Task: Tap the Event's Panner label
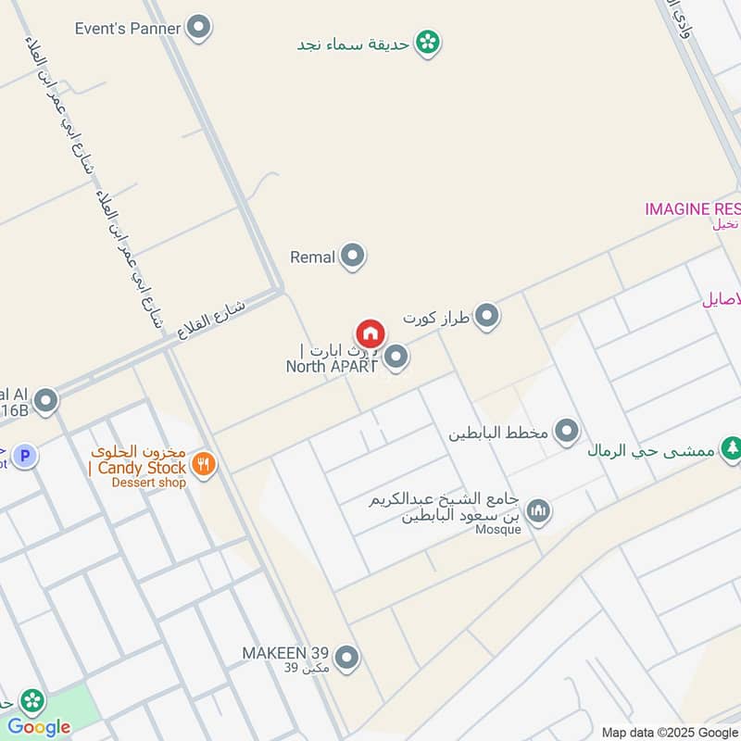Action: [129, 28]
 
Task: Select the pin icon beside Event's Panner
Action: [198, 28]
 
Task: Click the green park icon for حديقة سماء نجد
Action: [427, 42]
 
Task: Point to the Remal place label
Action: [312, 257]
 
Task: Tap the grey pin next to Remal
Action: [352, 257]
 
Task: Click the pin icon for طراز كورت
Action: [486, 318]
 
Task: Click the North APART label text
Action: [332, 366]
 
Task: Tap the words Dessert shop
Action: [151, 483]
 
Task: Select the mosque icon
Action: [538, 509]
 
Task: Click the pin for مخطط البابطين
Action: [567, 432]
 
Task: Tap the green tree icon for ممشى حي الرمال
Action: [732, 448]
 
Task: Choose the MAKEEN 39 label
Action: [285, 653]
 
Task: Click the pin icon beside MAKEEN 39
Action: [346, 658]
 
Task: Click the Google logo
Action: [39, 727]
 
